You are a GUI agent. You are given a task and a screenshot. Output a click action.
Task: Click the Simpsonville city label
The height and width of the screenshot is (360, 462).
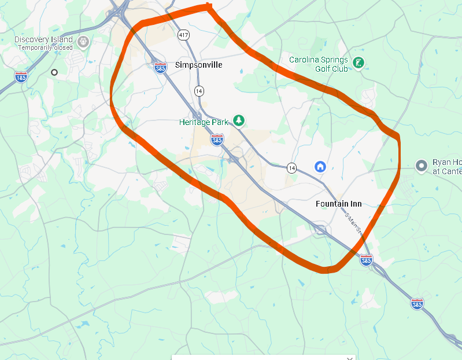pyautogui.click(x=198, y=65)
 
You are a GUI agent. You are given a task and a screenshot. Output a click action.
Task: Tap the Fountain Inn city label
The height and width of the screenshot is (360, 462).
pyautogui.click(x=339, y=204)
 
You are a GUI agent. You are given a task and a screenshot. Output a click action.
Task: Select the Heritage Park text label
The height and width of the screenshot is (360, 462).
pyautogui.click(x=204, y=122)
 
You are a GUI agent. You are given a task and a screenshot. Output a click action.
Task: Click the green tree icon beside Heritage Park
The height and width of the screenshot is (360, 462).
pyautogui.click(x=238, y=120)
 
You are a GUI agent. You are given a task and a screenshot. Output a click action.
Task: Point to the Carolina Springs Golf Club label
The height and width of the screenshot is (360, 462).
pyautogui.click(x=319, y=64)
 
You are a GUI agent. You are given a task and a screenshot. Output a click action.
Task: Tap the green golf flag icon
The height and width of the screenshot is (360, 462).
pyautogui.click(x=359, y=63)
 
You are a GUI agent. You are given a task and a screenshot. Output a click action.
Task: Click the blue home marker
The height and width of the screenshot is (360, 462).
pyautogui.click(x=320, y=167)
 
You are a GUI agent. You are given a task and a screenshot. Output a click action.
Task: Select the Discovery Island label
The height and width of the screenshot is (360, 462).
pyautogui.click(x=43, y=39)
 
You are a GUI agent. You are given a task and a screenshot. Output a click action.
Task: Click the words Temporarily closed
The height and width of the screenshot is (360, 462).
pyautogui.click(x=45, y=47)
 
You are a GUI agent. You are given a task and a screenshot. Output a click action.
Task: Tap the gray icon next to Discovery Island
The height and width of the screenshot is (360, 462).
pyautogui.click(x=83, y=42)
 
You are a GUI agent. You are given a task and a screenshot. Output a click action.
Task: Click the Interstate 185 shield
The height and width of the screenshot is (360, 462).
pyautogui.click(x=21, y=76)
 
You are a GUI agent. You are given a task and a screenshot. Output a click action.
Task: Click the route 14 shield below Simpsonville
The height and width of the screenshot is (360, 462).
pyautogui.click(x=199, y=91)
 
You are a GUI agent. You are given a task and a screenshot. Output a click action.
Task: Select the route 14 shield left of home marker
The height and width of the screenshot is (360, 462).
pyautogui.click(x=291, y=168)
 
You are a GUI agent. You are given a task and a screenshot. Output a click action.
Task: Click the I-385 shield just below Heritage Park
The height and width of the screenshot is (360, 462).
pyautogui.click(x=217, y=139)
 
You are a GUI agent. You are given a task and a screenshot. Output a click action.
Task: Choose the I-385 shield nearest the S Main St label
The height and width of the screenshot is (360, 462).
pyautogui.click(x=366, y=260)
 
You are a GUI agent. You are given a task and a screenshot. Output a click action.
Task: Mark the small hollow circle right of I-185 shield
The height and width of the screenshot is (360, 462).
pyautogui.click(x=54, y=72)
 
